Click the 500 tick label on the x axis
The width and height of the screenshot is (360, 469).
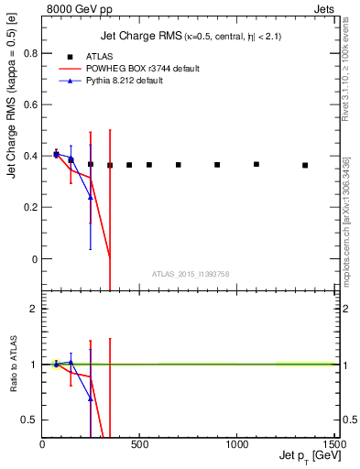(139, 445)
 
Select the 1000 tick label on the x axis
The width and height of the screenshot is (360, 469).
(236, 445)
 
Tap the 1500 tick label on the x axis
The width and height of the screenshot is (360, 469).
(333, 445)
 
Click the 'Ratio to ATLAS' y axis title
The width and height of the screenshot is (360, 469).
(12, 364)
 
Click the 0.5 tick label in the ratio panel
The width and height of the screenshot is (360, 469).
(27, 420)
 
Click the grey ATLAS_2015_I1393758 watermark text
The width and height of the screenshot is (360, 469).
(191, 273)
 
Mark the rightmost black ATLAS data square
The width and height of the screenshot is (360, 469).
(305, 166)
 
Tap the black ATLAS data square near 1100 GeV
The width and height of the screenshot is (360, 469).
(256, 165)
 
